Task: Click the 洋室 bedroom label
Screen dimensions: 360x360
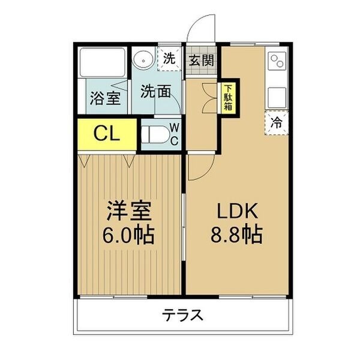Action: click(x=128, y=211)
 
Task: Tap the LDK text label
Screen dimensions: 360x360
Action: click(x=237, y=211)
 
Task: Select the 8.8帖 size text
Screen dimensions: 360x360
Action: click(x=236, y=234)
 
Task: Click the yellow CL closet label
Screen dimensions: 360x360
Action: click(x=107, y=134)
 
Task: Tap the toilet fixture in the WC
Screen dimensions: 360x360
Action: click(x=155, y=134)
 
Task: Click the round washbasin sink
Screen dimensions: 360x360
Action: click(x=143, y=59)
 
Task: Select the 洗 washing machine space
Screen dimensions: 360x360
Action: click(x=169, y=59)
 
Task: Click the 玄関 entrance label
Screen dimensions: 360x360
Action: click(x=201, y=60)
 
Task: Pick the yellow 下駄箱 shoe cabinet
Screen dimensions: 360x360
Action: click(x=228, y=98)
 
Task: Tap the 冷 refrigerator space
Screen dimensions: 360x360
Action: click(x=277, y=123)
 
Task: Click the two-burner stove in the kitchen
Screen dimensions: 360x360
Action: click(x=277, y=61)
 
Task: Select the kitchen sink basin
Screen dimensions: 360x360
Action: click(x=277, y=98)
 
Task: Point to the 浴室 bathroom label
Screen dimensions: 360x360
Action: click(x=106, y=98)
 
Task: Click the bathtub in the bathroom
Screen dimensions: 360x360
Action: click(x=103, y=62)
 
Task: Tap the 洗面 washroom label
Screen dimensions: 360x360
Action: click(x=155, y=91)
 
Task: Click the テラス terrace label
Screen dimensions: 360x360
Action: click(x=183, y=315)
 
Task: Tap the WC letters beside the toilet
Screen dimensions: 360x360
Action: click(x=175, y=134)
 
